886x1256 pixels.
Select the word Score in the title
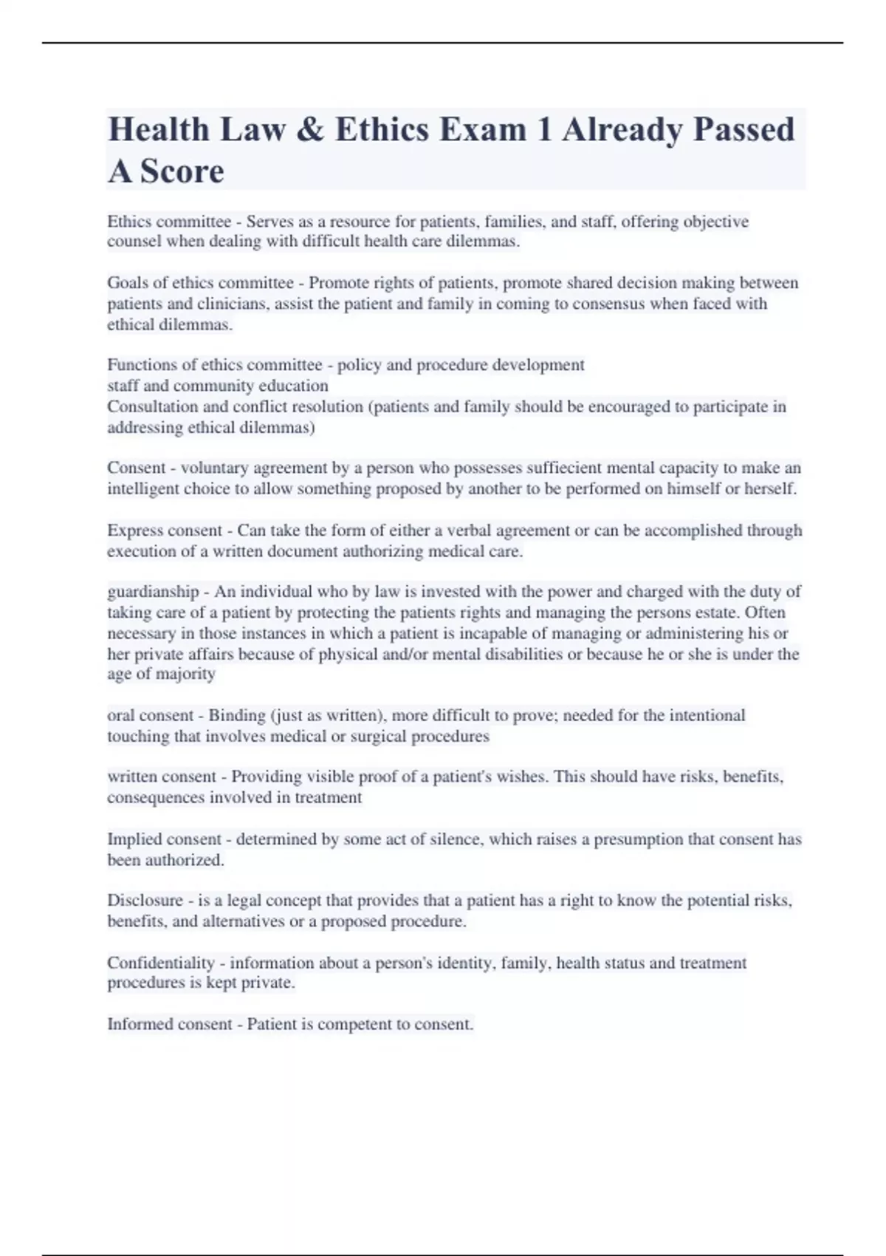[x=182, y=171]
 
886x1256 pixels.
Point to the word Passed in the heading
[x=744, y=130]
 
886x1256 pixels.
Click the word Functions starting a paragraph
[x=141, y=365]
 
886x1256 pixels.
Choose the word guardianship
[x=153, y=592]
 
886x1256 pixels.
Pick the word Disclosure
[x=145, y=901]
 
